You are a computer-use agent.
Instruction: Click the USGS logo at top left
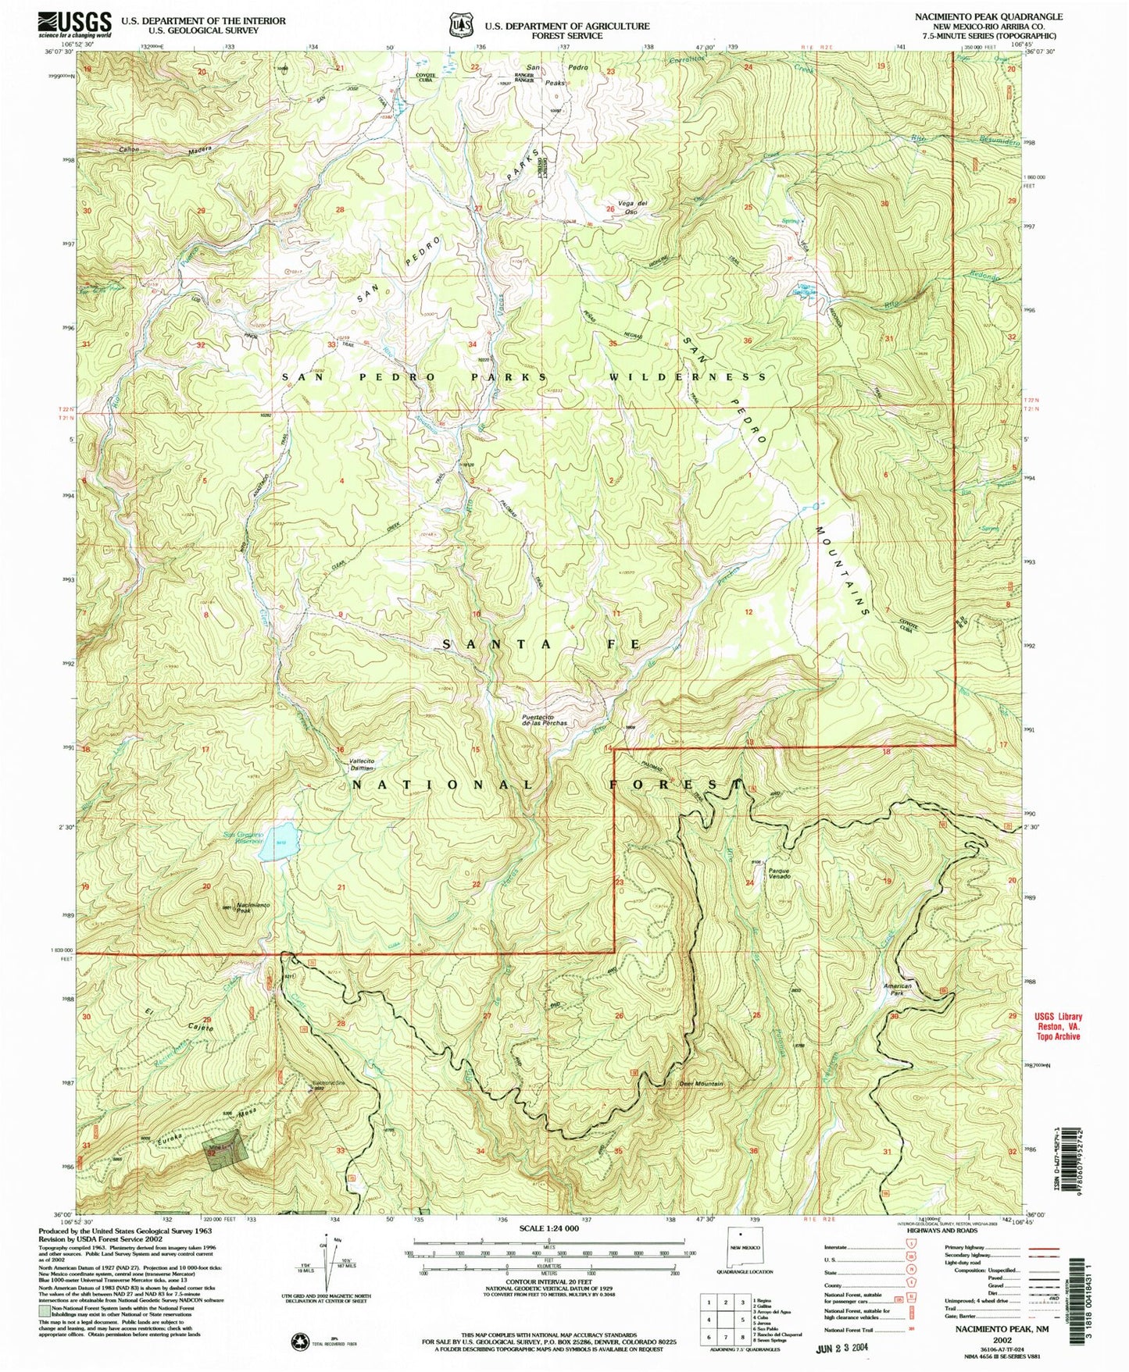[74, 25]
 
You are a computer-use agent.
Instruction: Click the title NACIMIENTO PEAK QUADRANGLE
[988, 16]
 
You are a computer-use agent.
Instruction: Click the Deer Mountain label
[701, 1084]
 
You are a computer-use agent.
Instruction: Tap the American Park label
[897, 989]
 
